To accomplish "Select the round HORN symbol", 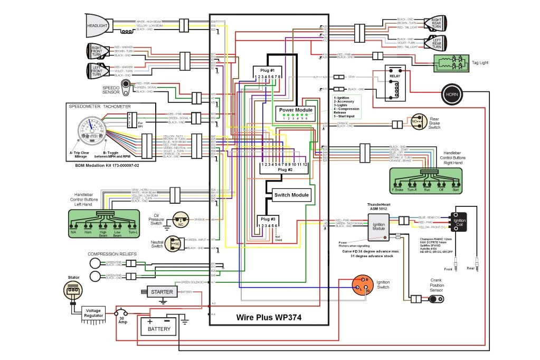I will (x=451, y=94).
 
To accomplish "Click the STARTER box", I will (x=162, y=292).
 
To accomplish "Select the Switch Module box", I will (x=291, y=195).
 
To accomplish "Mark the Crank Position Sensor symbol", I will (x=436, y=299).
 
